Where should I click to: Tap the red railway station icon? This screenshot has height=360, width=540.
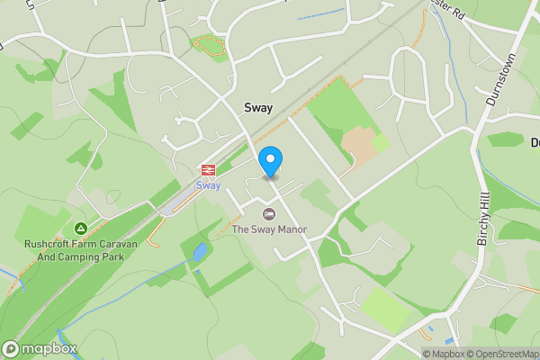[208, 170]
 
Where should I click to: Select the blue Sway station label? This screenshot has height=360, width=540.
[208, 185]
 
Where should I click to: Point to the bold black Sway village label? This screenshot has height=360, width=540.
[258, 107]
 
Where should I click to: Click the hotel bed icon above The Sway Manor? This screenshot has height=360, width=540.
[268, 214]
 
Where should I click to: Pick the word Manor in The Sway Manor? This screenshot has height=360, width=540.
[291, 229]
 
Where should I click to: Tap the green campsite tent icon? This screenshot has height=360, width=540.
[81, 229]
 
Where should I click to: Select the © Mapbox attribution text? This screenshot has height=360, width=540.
[442, 354]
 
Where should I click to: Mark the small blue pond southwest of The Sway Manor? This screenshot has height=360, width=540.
[199, 252]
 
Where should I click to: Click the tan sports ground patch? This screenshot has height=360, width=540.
[357, 145]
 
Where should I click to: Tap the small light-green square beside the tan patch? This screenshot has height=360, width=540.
[381, 142]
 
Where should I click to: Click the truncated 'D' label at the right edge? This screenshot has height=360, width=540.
[535, 141]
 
